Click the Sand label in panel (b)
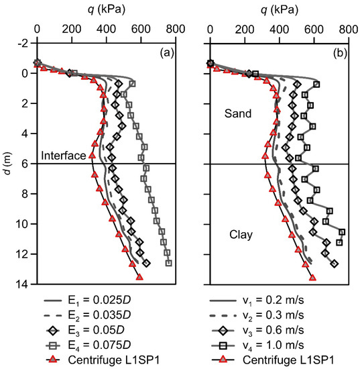click(239, 114)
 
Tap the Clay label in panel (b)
click(238, 235)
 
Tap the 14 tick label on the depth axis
click(23, 284)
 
